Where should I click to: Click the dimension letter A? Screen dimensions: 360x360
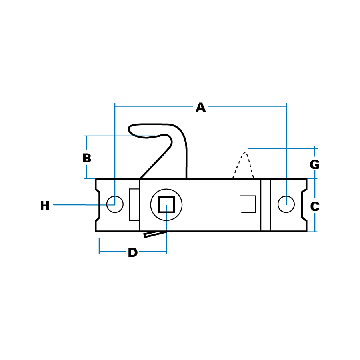(200, 108)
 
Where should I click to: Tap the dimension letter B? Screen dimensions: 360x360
(87, 158)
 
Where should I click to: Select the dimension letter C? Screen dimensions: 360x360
(315, 206)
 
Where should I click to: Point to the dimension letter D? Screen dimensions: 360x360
(133, 252)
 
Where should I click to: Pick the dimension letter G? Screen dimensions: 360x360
(314, 164)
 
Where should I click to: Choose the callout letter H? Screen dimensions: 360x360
(45, 206)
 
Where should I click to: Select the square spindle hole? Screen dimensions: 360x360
(166, 204)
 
